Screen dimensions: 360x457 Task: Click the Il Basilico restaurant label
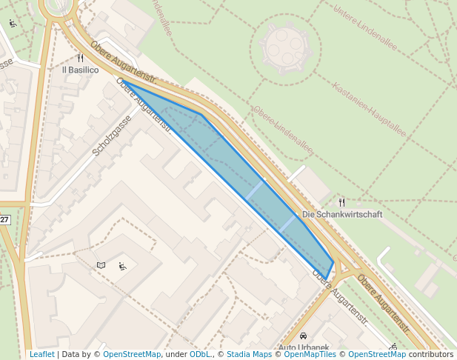click(79, 70)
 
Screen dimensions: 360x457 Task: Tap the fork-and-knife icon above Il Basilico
click(80, 58)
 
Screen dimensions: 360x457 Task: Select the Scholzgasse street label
click(111, 135)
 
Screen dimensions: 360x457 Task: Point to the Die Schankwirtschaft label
click(342, 214)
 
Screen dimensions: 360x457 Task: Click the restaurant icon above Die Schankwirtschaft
click(341, 201)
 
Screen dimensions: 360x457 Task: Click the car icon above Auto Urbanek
click(303, 336)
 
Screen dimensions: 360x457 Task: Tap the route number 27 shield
click(4, 220)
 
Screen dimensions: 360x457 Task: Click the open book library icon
click(101, 264)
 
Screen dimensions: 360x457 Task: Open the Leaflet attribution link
click(41, 355)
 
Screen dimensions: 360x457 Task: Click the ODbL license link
click(199, 355)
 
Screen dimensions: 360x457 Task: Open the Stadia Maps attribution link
click(249, 355)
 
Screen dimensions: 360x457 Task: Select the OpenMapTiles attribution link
click(310, 355)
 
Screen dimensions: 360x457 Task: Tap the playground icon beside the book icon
click(122, 266)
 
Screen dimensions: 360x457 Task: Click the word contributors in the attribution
click(430, 355)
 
